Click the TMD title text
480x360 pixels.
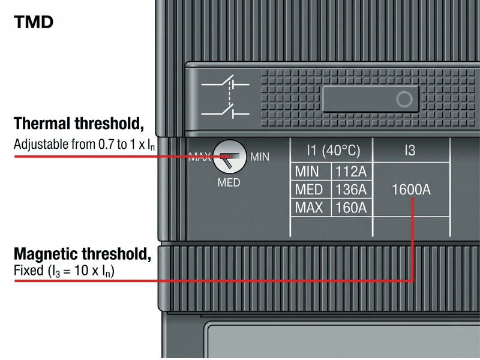34,22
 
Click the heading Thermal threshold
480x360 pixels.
79,124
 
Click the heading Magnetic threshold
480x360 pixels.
82,254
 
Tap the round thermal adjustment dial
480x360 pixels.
230,157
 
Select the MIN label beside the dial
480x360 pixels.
260,157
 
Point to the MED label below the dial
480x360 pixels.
229,183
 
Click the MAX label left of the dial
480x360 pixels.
200,157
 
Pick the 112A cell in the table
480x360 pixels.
351,172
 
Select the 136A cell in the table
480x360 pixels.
351,190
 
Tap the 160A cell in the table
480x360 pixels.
351,208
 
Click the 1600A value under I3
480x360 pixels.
411,190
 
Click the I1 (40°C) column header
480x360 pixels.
334,151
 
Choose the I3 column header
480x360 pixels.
410,151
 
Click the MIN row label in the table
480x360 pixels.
307,172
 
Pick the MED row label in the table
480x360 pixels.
308,190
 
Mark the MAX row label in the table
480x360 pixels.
309,208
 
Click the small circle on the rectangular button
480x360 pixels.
404,99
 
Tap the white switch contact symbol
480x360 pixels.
226,97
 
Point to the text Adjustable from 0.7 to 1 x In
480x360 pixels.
84,145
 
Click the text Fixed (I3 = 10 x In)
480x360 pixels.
64,271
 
